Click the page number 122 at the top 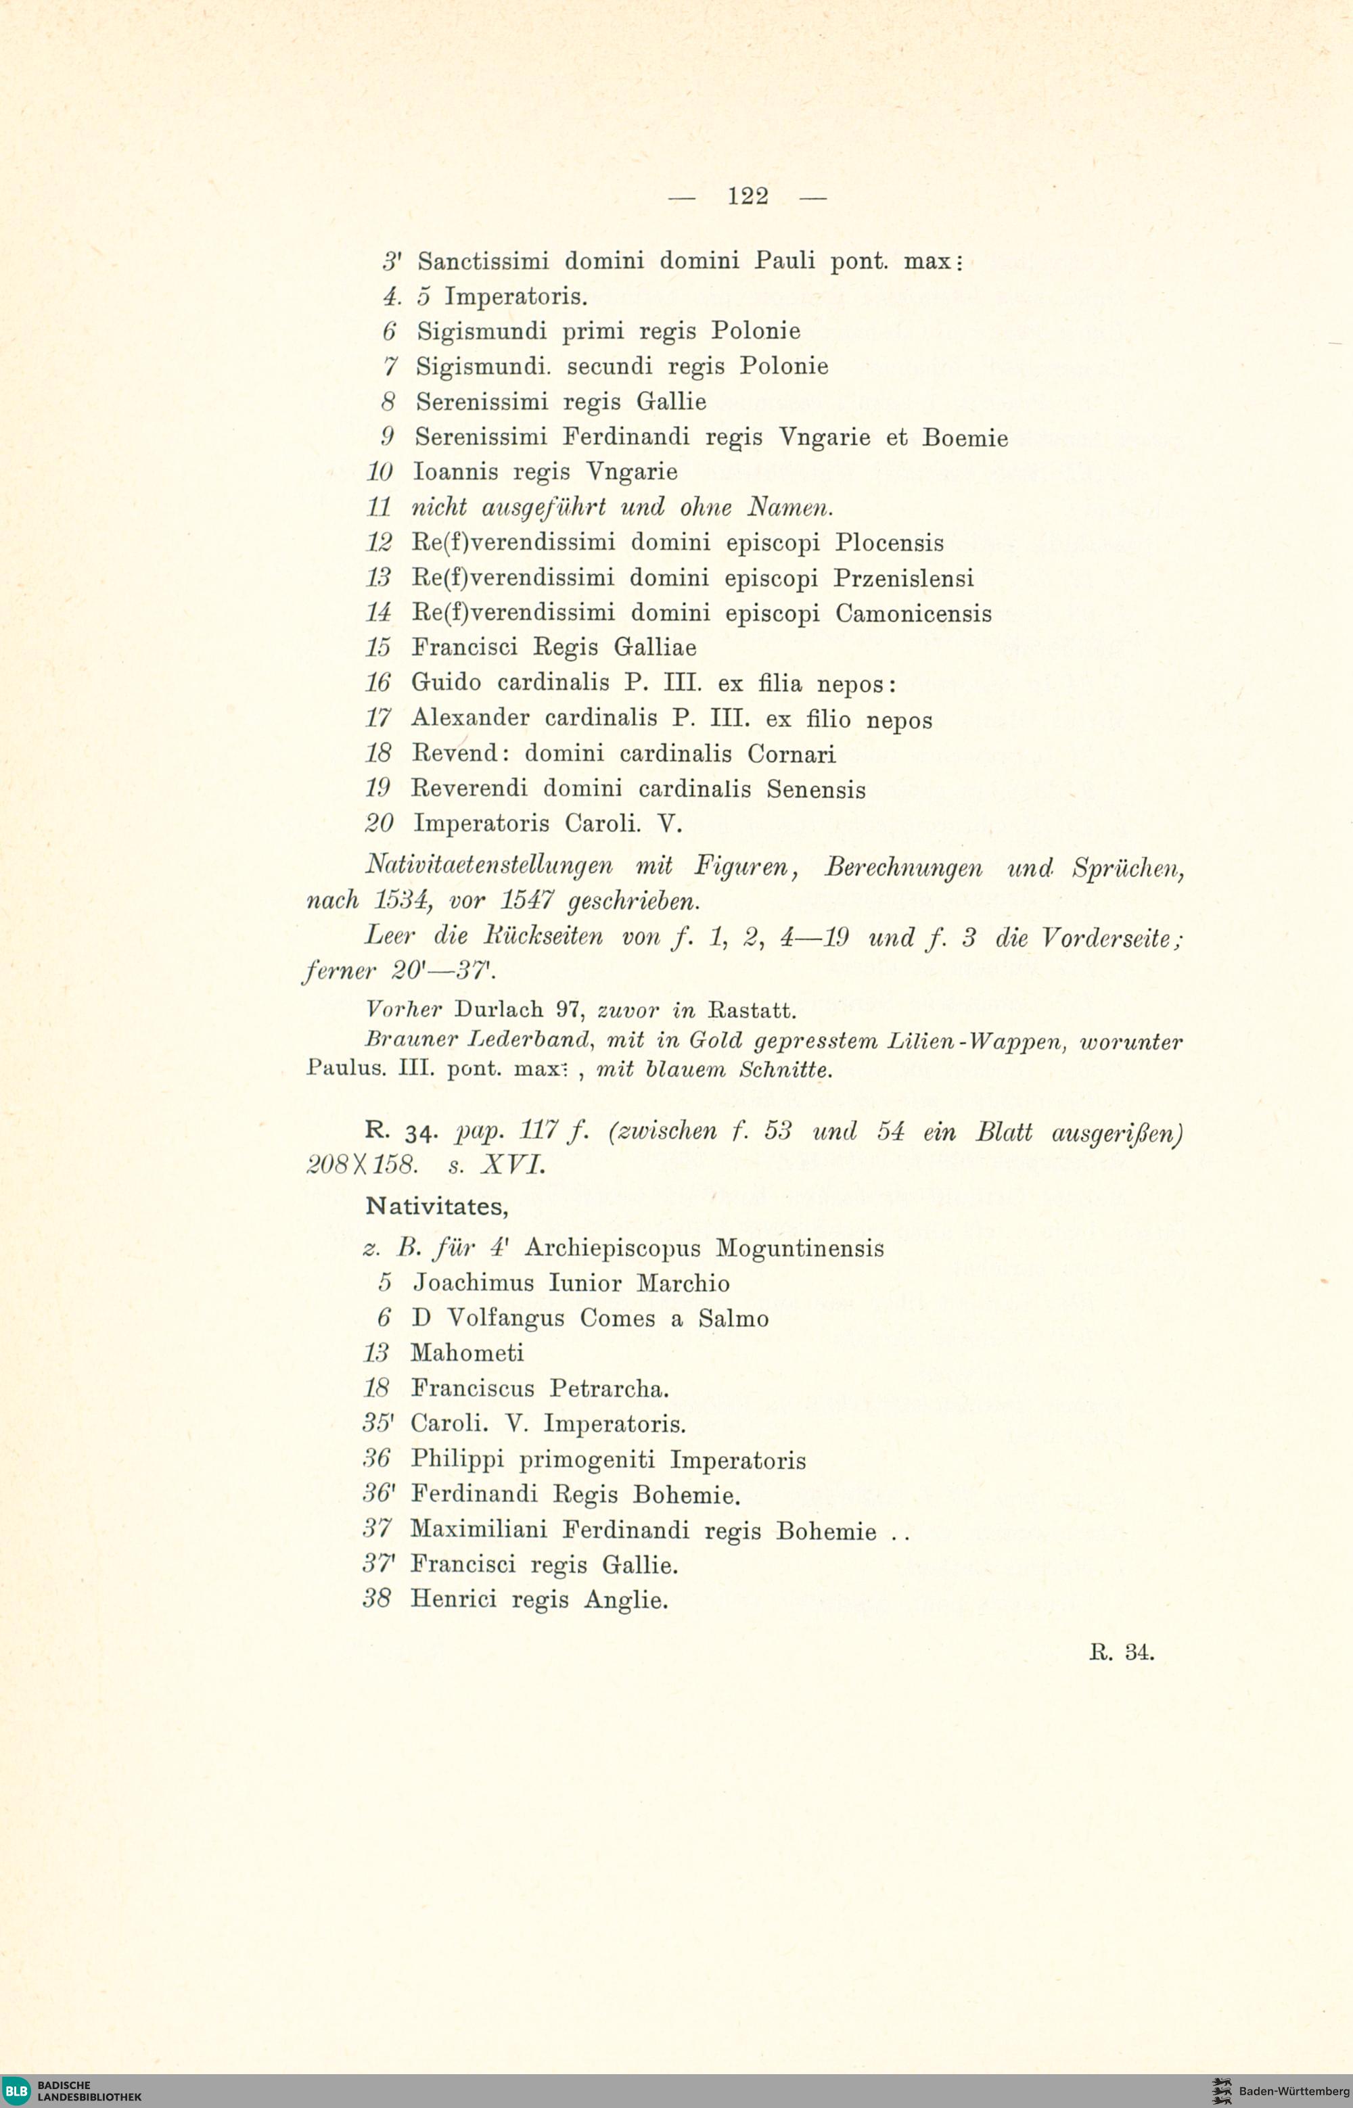click(748, 196)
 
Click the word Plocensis click(889, 543)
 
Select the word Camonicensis click(913, 613)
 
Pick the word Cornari click(792, 753)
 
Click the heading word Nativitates click(436, 1207)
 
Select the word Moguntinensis click(800, 1248)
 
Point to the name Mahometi click(467, 1353)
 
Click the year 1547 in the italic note click(526, 900)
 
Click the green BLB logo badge click(16, 2090)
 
